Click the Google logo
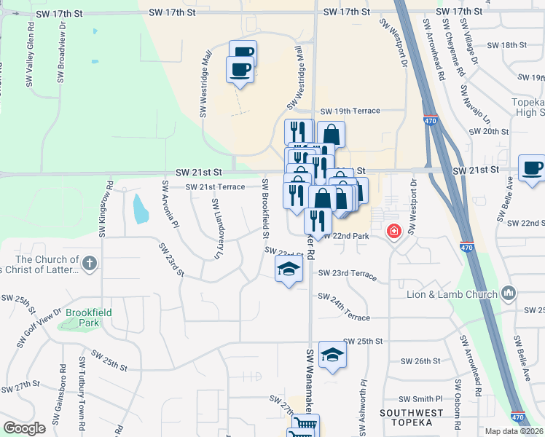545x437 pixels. pyautogui.click(x=24, y=428)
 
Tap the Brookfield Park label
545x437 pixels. pyautogui.click(x=88, y=317)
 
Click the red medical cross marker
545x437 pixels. pyautogui.click(x=394, y=232)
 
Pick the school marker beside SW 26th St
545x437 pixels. pyautogui.click(x=332, y=354)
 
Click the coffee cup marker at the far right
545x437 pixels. pyautogui.click(x=532, y=168)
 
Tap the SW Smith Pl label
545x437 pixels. pyautogui.click(x=421, y=399)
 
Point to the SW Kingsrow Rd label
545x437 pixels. pyautogui.click(x=106, y=210)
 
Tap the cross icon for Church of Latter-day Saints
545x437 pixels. pyautogui.click(x=89, y=264)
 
